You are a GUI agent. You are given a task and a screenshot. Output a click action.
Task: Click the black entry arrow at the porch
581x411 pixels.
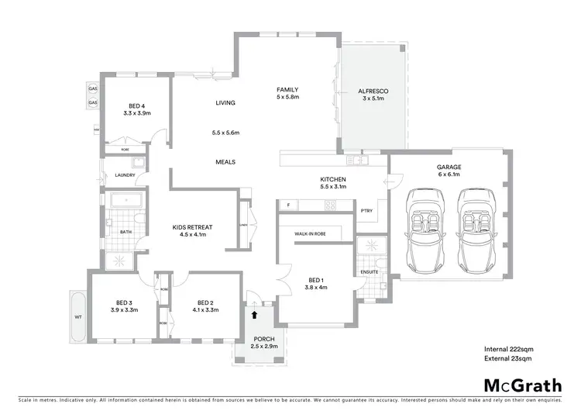(x=254, y=314)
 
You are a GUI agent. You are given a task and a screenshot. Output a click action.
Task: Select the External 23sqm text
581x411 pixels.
(x=508, y=358)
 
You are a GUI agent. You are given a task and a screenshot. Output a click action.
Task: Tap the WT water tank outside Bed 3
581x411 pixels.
(x=77, y=317)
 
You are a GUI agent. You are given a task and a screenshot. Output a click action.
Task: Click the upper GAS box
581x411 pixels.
(x=92, y=88)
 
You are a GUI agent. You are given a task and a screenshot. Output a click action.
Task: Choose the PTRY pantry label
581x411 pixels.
(x=367, y=211)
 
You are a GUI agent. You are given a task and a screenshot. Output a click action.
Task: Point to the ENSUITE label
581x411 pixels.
(x=370, y=272)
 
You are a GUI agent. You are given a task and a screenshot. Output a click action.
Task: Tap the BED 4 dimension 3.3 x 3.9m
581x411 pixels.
(x=136, y=113)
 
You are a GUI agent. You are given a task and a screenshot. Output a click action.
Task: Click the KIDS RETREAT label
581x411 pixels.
(x=192, y=226)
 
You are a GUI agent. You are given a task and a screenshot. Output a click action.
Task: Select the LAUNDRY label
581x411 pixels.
(x=125, y=175)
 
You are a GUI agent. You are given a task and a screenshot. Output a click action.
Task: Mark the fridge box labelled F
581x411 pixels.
(x=288, y=205)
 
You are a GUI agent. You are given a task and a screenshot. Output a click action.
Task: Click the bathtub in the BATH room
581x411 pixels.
(x=125, y=202)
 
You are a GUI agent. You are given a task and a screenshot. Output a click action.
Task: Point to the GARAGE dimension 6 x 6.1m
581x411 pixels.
(x=449, y=175)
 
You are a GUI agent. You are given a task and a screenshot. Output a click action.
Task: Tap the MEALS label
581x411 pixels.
(x=225, y=162)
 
